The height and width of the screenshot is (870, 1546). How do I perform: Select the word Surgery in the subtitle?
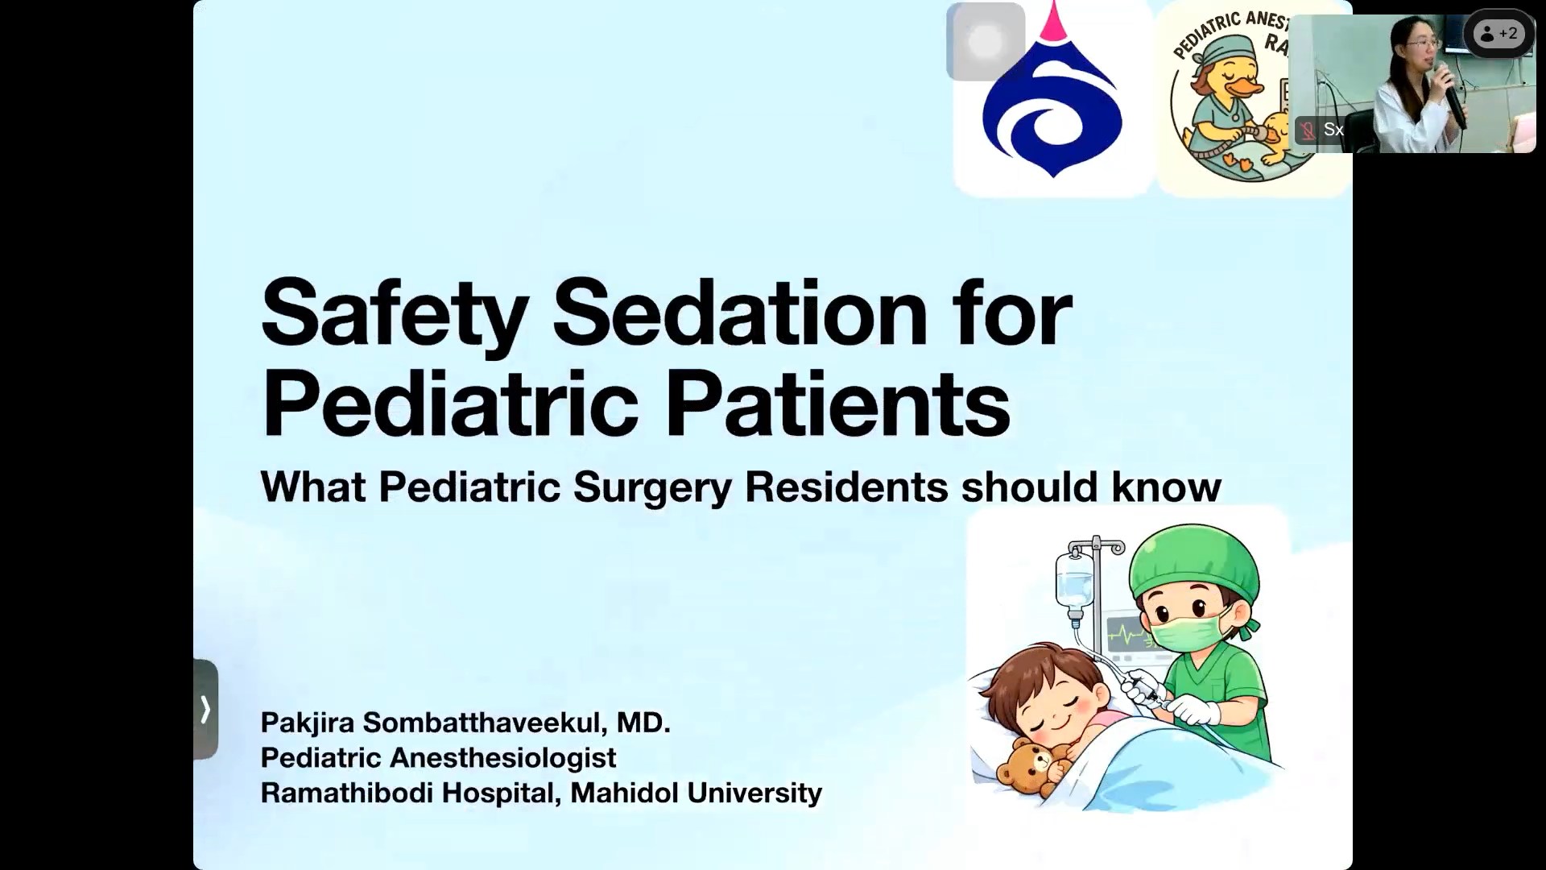click(652, 487)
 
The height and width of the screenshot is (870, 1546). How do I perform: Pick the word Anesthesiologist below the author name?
click(503, 758)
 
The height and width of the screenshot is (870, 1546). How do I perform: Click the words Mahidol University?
click(697, 793)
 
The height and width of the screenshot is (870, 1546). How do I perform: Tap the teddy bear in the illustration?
click(1027, 765)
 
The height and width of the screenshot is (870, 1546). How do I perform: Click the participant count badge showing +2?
click(1498, 34)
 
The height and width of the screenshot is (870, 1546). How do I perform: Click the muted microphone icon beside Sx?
click(1308, 130)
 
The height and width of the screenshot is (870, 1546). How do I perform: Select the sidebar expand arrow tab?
click(205, 709)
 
